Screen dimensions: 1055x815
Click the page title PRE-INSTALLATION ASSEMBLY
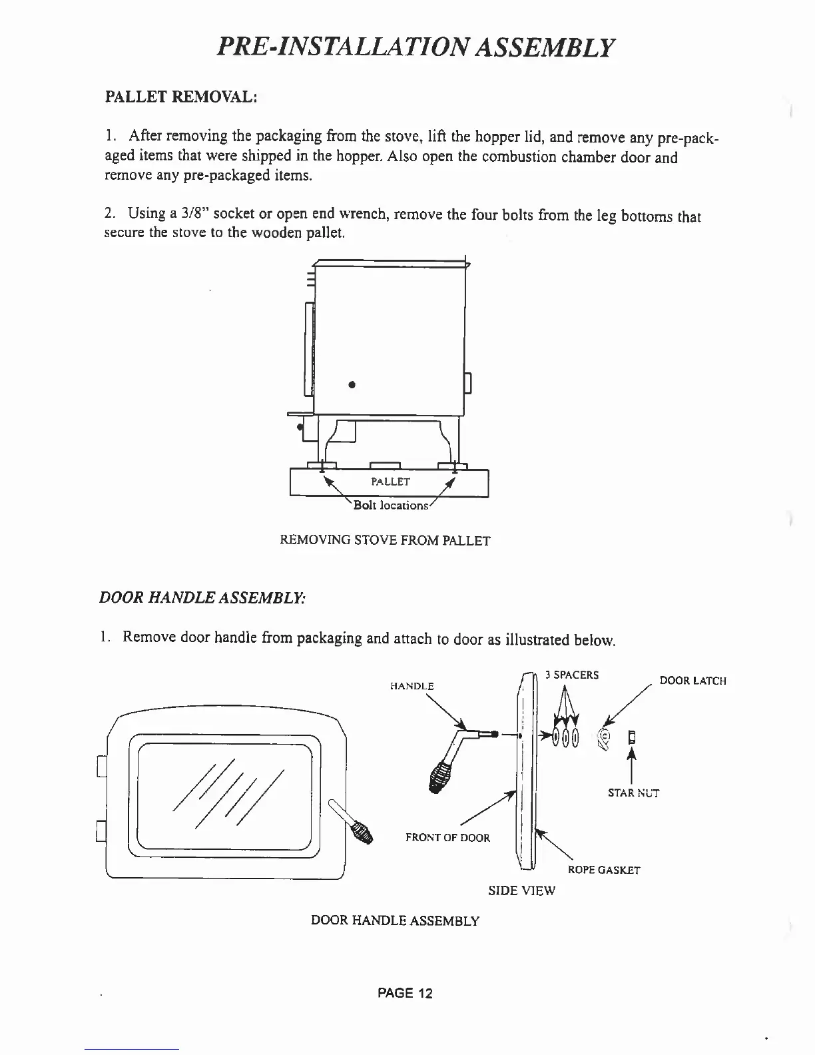click(415, 47)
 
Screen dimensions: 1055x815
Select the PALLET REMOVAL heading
click(180, 97)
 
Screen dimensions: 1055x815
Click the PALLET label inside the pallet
click(390, 481)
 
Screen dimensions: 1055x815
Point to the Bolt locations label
click(391, 506)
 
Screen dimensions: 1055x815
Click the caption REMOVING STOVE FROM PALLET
click(385, 540)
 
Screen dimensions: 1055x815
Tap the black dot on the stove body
click(351, 384)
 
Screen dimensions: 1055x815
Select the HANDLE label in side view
click(411, 686)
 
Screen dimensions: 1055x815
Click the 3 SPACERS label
click(571, 675)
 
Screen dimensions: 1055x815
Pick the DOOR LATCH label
click(692, 681)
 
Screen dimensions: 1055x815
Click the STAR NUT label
click(633, 793)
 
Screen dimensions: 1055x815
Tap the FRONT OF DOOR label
click(447, 838)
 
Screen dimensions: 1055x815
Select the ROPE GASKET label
click(603, 870)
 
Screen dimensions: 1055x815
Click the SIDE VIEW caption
click(521, 890)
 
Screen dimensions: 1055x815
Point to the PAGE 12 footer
click(405, 993)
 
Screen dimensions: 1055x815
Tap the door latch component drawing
click(606, 738)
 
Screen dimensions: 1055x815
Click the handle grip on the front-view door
click(361, 832)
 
